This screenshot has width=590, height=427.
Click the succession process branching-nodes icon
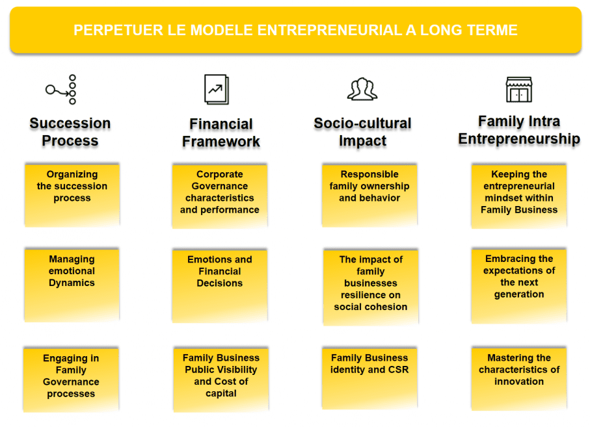61,90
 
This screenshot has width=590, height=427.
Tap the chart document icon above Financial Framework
217,90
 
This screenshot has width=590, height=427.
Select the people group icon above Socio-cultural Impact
362,89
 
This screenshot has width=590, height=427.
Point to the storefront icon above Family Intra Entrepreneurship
519,90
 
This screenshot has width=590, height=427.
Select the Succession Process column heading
70,132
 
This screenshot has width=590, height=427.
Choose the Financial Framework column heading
221,133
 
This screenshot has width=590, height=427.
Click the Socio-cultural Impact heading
362,132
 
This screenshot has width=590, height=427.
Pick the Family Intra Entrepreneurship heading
519,130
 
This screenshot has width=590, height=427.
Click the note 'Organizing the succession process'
72,195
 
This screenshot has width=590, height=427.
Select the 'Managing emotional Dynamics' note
72,285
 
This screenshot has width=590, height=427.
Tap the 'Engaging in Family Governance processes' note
71,380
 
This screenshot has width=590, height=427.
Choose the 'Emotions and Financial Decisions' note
220,285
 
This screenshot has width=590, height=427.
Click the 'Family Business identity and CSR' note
369,378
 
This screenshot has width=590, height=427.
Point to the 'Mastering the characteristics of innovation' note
519,378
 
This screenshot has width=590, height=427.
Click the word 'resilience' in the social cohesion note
371,295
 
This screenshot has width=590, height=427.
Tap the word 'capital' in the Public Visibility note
221,394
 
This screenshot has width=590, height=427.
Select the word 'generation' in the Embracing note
519,294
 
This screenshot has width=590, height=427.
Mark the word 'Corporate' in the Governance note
220,174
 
